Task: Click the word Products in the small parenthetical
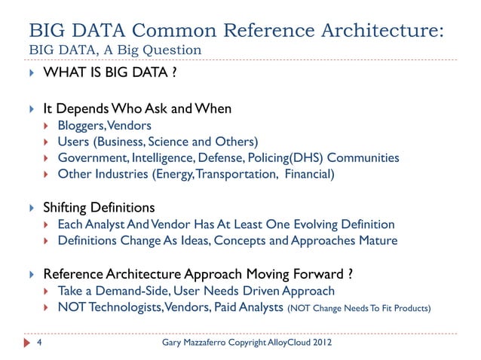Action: coord(412,307)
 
